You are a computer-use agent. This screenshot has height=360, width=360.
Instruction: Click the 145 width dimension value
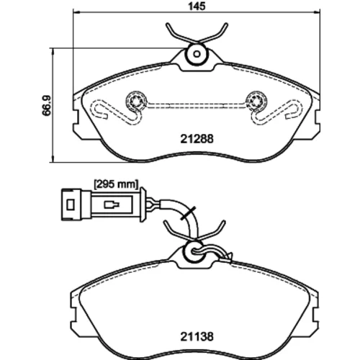tap(197, 6)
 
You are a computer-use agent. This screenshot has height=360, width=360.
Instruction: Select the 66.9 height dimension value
tap(47, 105)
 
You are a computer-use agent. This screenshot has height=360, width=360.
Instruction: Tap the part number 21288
tap(197, 139)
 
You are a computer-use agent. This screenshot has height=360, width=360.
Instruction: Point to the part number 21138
tap(197, 337)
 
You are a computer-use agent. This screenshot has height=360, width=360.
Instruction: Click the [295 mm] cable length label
tap(116, 184)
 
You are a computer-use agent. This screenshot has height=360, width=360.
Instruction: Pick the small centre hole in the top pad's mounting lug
tap(197, 54)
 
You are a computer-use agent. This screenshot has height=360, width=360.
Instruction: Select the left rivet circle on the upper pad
tap(136, 102)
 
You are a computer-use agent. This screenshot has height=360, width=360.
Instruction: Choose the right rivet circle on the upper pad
tap(257, 102)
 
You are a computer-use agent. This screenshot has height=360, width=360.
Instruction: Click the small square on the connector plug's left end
tap(71, 204)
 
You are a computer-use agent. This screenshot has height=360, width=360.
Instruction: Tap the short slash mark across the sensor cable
tap(188, 212)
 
